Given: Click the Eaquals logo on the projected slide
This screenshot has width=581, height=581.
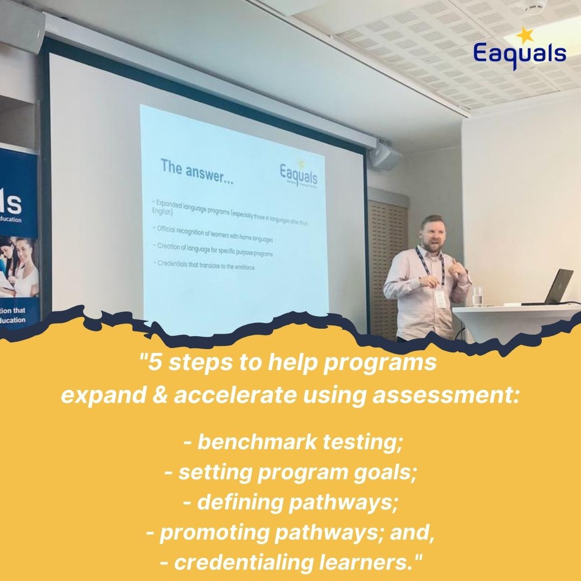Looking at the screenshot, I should point(299,174).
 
